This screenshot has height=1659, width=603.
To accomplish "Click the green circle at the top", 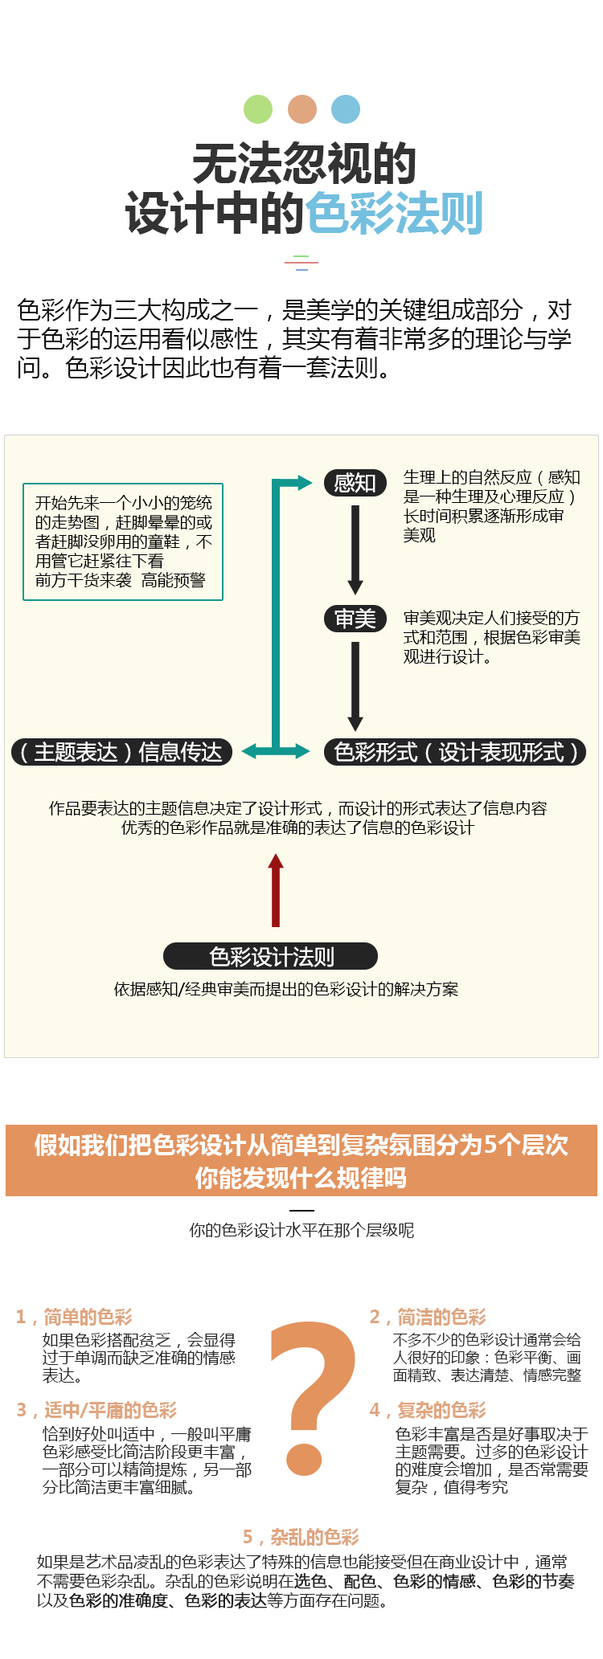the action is click(x=258, y=109).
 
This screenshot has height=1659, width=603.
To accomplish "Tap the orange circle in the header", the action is click(x=302, y=109).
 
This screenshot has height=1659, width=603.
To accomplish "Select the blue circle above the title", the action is click(x=346, y=109).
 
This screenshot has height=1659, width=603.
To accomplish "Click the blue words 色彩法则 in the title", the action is click(x=393, y=214).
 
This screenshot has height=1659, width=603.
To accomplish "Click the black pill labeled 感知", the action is click(x=355, y=483).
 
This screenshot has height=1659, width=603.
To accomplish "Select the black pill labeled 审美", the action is click(x=355, y=619).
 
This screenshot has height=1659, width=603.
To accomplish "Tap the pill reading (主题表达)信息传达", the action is click(x=121, y=752).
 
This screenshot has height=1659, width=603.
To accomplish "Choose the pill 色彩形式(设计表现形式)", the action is click(x=454, y=752).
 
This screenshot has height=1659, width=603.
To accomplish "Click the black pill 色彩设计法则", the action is click(x=271, y=956).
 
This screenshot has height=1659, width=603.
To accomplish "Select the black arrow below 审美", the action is click(x=355, y=685).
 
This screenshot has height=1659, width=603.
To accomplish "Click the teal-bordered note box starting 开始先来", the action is click(x=123, y=541).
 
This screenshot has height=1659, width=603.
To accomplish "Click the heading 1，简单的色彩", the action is click(x=74, y=1317).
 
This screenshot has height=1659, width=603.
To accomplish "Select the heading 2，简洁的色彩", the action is click(x=428, y=1317).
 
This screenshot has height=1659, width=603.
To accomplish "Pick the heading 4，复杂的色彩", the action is click(x=428, y=1410).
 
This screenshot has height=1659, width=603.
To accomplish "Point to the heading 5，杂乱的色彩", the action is click(x=301, y=1537).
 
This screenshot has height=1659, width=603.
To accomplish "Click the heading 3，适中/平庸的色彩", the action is click(x=96, y=1410).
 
